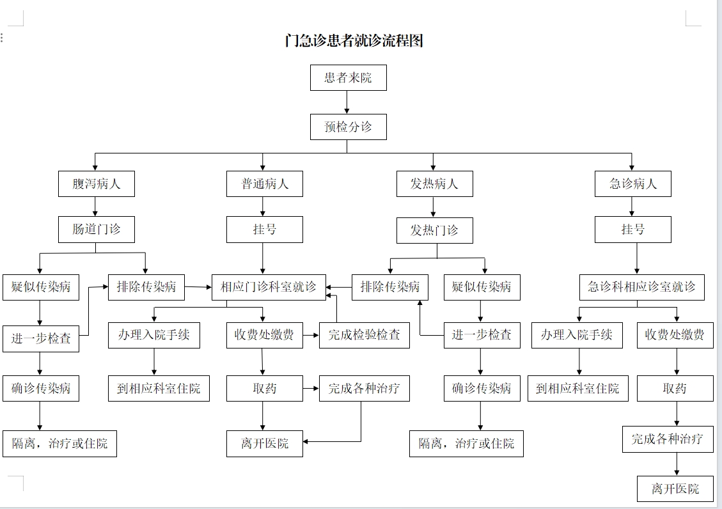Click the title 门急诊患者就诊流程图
point(354,40)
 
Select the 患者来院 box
point(348,77)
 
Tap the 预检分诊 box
point(348,127)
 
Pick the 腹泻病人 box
point(96,184)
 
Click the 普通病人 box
point(264,184)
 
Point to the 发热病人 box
point(435,184)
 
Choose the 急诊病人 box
point(632,184)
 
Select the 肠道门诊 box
point(96,229)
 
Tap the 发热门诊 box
point(435,230)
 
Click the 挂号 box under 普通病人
point(264,229)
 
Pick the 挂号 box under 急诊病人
point(632,229)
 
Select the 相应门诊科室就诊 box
point(269,287)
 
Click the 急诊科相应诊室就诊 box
point(642,287)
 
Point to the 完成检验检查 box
point(365,335)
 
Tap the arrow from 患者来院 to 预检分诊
point(347,102)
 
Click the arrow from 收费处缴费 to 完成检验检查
point(311,335)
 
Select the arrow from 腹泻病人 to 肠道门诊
point(95,207)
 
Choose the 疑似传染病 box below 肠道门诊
point(40,287)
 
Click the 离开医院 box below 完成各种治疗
point(675,489)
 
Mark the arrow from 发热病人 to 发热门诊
point(433,207)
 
